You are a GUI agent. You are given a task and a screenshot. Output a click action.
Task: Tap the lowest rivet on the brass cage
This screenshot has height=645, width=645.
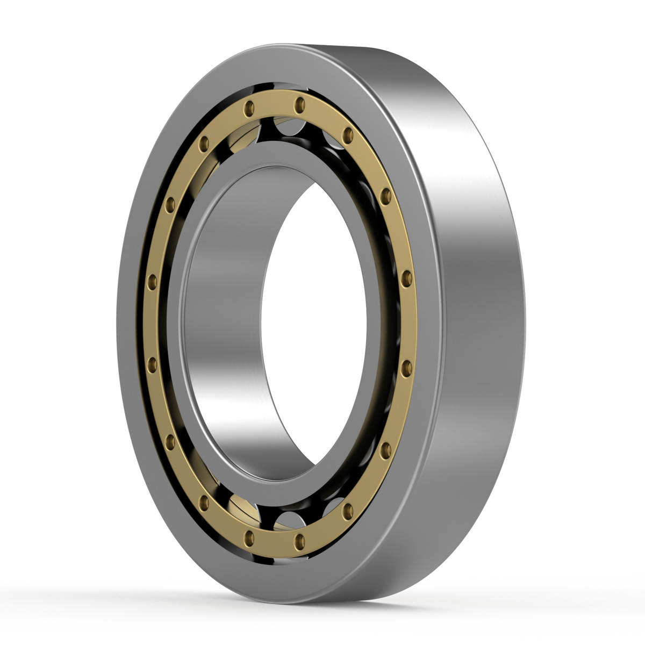[x=300, y=540]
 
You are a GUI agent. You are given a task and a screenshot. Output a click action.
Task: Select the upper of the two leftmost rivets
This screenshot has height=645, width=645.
[x=152, y=280]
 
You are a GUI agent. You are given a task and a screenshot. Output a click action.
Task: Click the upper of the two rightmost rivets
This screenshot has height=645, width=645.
[x=407, y=278]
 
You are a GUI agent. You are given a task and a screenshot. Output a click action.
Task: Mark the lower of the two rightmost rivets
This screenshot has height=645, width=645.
[x=407, y=367]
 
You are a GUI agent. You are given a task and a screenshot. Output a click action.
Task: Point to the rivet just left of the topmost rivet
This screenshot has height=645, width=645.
[x=248, y=109]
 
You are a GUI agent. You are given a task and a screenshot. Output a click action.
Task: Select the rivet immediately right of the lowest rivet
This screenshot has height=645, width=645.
[x=347, y=511]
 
